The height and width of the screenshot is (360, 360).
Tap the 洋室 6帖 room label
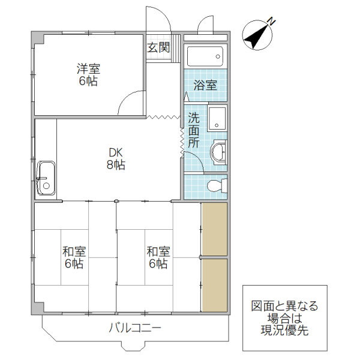[88, 75]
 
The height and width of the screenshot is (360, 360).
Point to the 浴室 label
[205, 85]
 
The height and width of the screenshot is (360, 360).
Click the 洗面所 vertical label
[193, 130]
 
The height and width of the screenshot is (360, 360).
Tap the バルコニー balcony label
[136, 328]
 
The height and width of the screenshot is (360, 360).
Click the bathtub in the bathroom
[205, 58]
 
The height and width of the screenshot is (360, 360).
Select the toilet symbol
[214, 185]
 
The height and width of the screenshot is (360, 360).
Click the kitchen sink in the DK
[46, 178]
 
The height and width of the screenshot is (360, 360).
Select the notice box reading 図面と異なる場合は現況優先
[284, 318]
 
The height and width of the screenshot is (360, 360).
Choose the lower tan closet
[214, 284]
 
